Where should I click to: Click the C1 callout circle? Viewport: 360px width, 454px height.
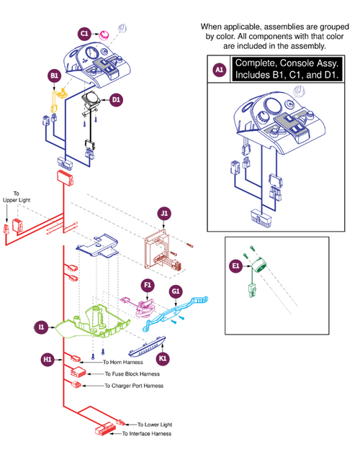click(84, 33)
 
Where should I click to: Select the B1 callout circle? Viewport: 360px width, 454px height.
click(54, 76)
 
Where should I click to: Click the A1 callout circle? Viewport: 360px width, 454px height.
click(220, 70)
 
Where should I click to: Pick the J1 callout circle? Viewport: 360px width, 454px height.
click(164, 213)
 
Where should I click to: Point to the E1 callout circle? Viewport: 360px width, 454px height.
click(235, 266)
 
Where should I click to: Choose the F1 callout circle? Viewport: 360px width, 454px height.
click(146, 285)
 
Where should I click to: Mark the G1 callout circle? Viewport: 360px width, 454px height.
click(175, 291)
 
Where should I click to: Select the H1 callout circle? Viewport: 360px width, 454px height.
click(48, 358)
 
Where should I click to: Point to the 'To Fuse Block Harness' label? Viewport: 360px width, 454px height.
click(132, 374)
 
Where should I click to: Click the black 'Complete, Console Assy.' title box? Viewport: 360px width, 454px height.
click(287, 70)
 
